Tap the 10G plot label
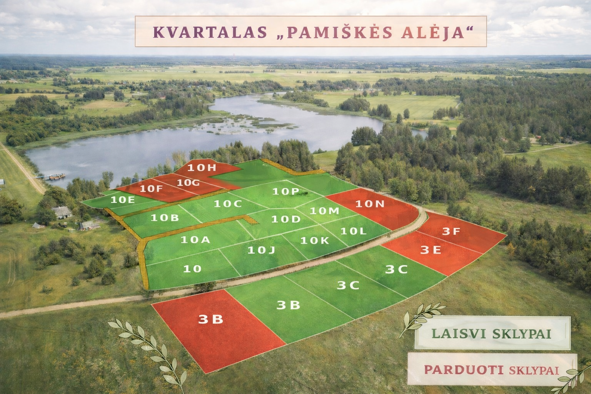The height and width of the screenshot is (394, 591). [188, 183]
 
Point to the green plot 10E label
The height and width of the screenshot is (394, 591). [123, 199]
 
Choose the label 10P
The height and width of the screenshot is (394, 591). [285, 191]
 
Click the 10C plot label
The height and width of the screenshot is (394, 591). [228, 204]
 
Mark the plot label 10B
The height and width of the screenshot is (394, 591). [165, 218]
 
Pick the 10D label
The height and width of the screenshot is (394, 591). [285, 219]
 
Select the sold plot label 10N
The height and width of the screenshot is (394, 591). [370, 204]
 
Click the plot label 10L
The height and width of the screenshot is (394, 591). [353, 231]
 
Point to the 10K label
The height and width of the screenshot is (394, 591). [315, 240]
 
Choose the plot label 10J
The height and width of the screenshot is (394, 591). [261, 250]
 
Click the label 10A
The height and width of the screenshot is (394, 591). [195, 240]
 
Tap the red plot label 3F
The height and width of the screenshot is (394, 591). [451, 232]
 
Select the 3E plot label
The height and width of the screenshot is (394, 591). [430, 250]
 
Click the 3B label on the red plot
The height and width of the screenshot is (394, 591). [211, 319]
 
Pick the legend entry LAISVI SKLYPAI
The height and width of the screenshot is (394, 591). [491, 333]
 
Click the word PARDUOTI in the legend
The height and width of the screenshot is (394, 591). [464, 370]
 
